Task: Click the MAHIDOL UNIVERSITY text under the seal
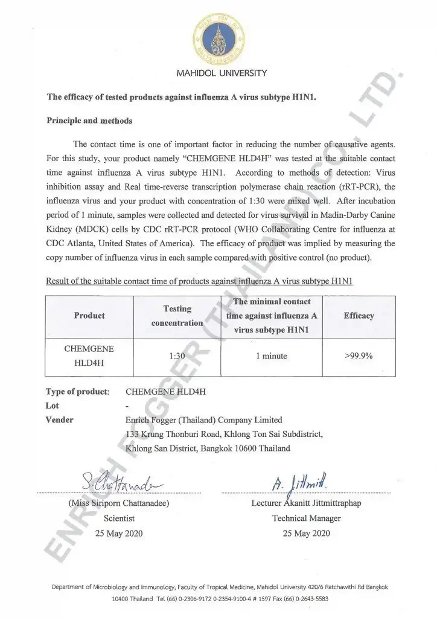tap(221, 74)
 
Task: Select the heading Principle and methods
tap(89, 121)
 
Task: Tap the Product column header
tap(89, 316)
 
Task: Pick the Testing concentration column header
tap(177, 316)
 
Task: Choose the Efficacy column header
tap(359, 316)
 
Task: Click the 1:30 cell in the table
tap(177, 356)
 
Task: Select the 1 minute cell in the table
tap(271, 356)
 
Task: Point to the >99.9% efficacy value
tap(359, 356)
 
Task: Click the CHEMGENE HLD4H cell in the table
tap(89, 356)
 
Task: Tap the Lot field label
tap(53, 406)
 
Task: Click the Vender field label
tap(60, 420)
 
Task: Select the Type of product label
tap(77, 392)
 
